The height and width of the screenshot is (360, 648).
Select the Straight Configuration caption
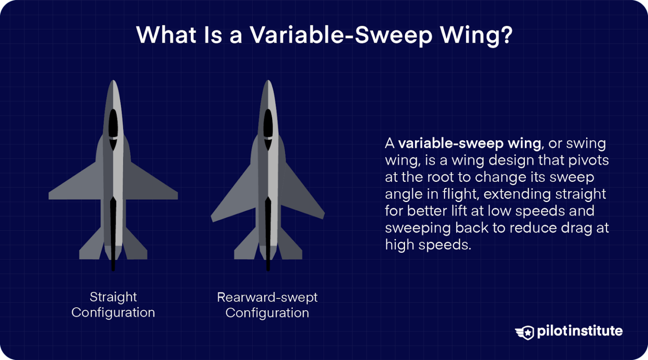[x=113, y=305]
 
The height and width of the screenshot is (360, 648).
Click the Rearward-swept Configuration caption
[x=267, y=305]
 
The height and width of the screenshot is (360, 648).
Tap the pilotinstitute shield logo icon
[x=525, y=332]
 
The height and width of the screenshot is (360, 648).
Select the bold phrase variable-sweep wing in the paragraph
[x=470, y=143]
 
